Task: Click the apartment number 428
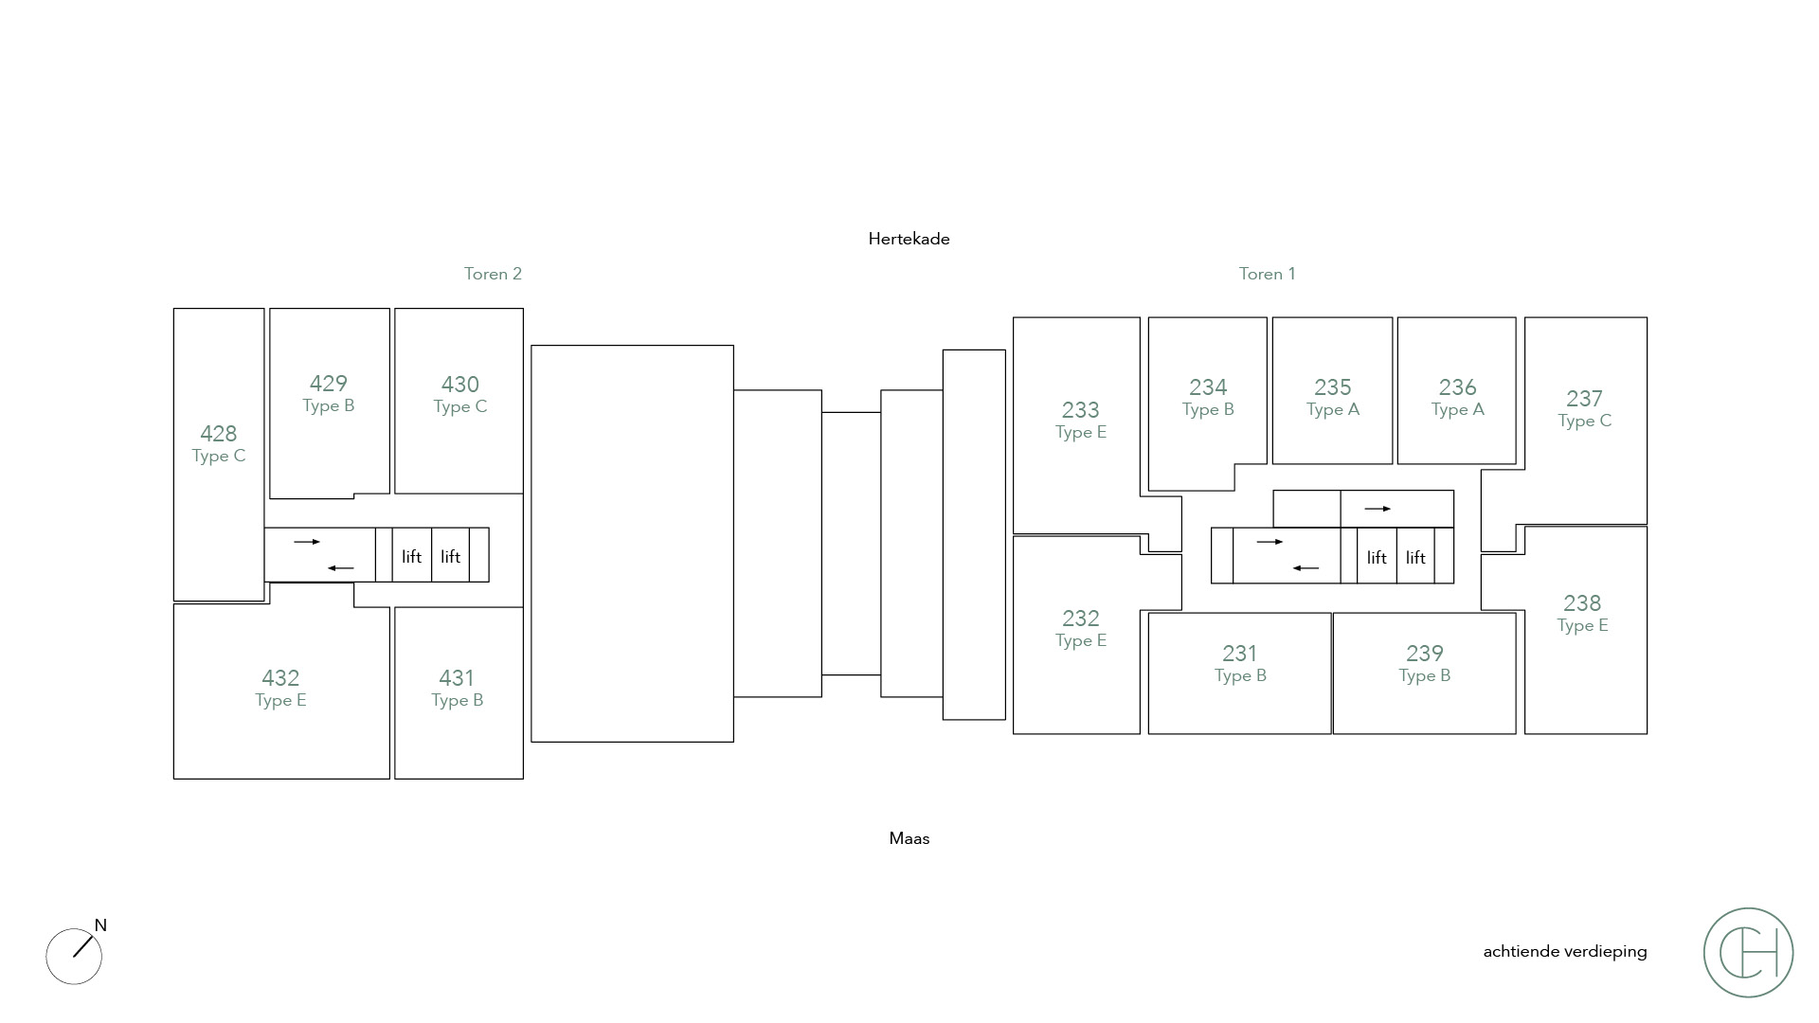[x=218, y=434]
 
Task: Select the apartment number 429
[x=328, y=384]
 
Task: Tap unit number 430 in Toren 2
[x=459, y=385]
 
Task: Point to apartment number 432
[x=280, y=678]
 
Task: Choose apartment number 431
[x=457, y=678]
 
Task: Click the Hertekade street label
[x=909, y=239]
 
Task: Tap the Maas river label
[x=909, y=838]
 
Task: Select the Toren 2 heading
[x=493, y=274]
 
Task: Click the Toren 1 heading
[x=1267, y=274]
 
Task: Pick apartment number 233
[x=1080, y=410]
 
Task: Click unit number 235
[x=1332, y=387]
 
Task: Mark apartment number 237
[x=1584, y=399]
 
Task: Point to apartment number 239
[x=1424, y=654]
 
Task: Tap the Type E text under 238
[x=1582, y=625]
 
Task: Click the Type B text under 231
[x=1240, y=675]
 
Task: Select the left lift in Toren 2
[x=411, y=557]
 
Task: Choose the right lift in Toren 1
[x=1415, y=558]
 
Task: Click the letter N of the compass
[x=100, y=925]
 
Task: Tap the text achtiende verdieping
[x=1565, y=951]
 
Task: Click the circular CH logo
[x=1748, y=952]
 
